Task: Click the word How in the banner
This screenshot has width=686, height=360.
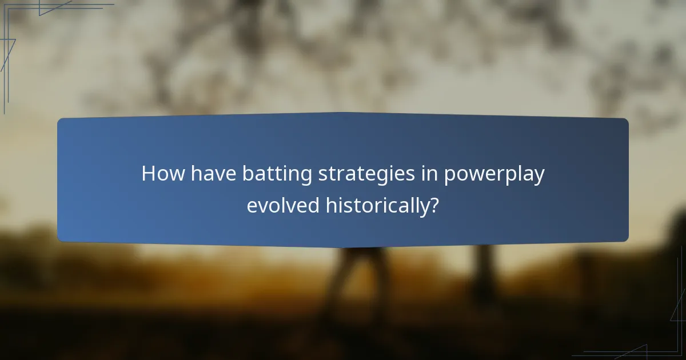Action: click(163, 173)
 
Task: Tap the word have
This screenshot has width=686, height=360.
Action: click(214, 173)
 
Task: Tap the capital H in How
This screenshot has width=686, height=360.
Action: click(149, 173)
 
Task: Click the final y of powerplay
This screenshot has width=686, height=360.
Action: click(539, 177)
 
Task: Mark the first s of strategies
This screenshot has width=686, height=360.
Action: click(319, 175)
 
